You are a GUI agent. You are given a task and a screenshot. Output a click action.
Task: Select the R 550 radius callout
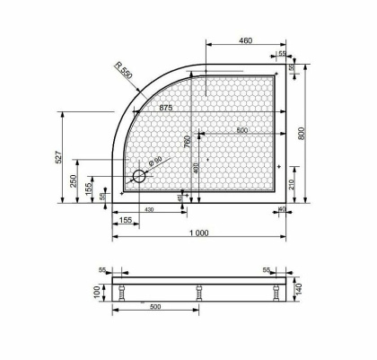click(x=123, y=73)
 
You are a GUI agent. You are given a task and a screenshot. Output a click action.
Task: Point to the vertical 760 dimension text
click(x=187, y=143)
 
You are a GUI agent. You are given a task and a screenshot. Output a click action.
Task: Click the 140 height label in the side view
click(x=299, y=289)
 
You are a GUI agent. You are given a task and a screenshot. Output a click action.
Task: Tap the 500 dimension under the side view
click(x=155, y=308)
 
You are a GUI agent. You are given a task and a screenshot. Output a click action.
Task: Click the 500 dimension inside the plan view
click(x=241, y=132)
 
